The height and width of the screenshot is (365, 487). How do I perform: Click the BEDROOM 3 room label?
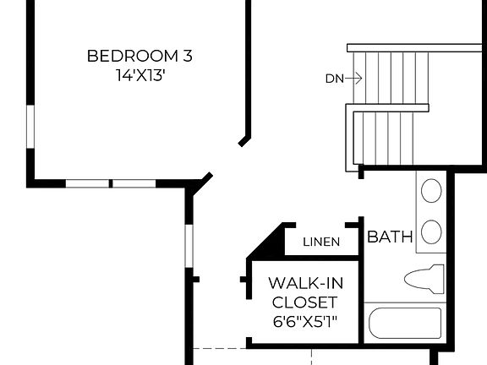[x=140, y=57]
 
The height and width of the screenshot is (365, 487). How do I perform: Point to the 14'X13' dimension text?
[x=140, y=74]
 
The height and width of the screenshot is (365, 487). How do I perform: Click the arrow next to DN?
[x=353, y=79]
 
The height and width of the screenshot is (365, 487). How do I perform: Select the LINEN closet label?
[x=321, y=242]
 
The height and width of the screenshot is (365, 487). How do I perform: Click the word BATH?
[x=389, y=238]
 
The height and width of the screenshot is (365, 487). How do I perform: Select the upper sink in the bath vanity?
[x=430, y=190]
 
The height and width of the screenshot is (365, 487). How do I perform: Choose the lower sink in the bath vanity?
[x=430, y=232]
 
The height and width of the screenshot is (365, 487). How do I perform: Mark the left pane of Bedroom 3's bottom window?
[x=88, y=183]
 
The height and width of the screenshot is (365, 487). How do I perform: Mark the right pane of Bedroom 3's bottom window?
[x=134, y=183]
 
